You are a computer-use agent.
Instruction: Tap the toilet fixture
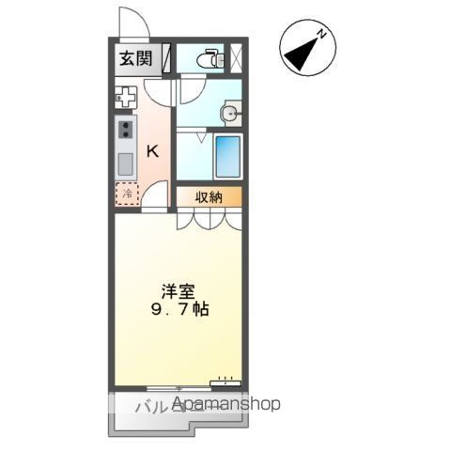point(209,59)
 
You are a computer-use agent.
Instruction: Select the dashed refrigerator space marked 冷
point(125,194)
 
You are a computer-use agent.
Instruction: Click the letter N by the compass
point(322,35)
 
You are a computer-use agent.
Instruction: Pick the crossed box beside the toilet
point(235,58)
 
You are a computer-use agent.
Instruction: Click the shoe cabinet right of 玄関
point(166,58)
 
